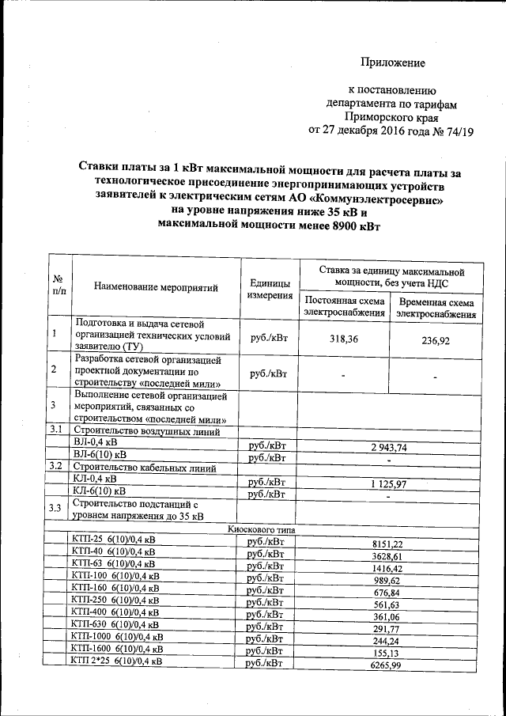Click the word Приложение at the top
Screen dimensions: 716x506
pyautogui.click(x=393, y=63)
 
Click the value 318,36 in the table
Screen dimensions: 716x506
pyautogui.click(x=342, y=339)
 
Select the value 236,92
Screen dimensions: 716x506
pyautogui.click(x=436, y=341)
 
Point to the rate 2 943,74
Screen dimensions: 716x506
pyautogui.click(x=387, y=448)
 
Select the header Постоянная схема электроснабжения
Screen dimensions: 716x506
pyautogui.click(x=344, y=308)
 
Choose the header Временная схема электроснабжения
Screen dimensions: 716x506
pyautogui.click(x=436, y=309)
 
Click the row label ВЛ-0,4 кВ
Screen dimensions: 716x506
pyautogui.click(x=96, y=443)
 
